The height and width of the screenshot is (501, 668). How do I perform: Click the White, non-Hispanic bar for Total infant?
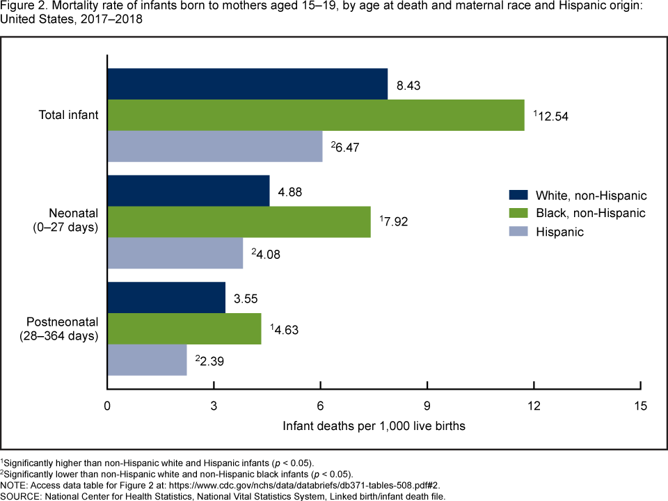247,84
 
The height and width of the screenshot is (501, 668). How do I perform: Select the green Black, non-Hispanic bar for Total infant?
316,115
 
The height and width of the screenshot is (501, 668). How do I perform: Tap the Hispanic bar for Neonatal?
175,253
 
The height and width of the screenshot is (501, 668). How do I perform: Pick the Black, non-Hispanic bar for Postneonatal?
184,328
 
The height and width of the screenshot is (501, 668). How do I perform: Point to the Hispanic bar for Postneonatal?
147,360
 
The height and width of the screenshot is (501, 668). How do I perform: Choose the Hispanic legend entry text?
559,232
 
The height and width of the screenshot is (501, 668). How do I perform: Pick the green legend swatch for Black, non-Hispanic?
519,213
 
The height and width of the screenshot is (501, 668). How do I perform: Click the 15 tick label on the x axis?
641,406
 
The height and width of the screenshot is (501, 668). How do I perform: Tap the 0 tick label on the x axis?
107,406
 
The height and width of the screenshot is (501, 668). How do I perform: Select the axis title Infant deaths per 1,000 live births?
374,425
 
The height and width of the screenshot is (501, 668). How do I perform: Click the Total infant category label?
68,115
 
